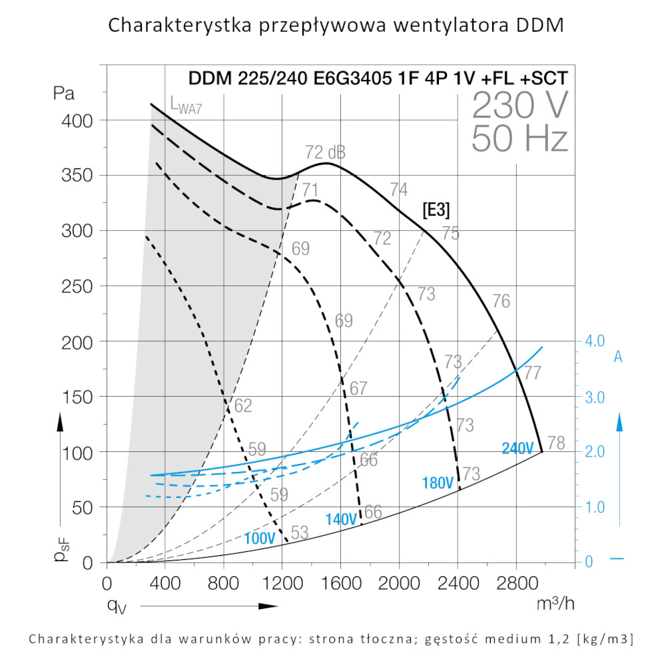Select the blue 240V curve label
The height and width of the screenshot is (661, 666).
coord(517,449)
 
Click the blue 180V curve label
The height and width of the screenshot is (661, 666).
coord(438,483)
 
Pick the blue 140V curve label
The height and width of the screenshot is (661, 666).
coord(341,519)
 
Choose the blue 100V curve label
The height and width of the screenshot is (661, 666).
coord(260,538)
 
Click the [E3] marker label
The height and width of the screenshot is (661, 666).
coord(436,210)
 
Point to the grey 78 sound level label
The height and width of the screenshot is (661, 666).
coord(555,443)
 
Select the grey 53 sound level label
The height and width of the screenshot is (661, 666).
coord(300,532)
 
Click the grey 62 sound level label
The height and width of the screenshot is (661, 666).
coord(243,405)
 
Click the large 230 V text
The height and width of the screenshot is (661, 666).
coord(520,105)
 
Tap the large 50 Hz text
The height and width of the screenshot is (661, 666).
coord(519,140)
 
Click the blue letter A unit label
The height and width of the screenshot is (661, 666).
coord(617,357)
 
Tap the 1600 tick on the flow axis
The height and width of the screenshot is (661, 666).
coord(340,584)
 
